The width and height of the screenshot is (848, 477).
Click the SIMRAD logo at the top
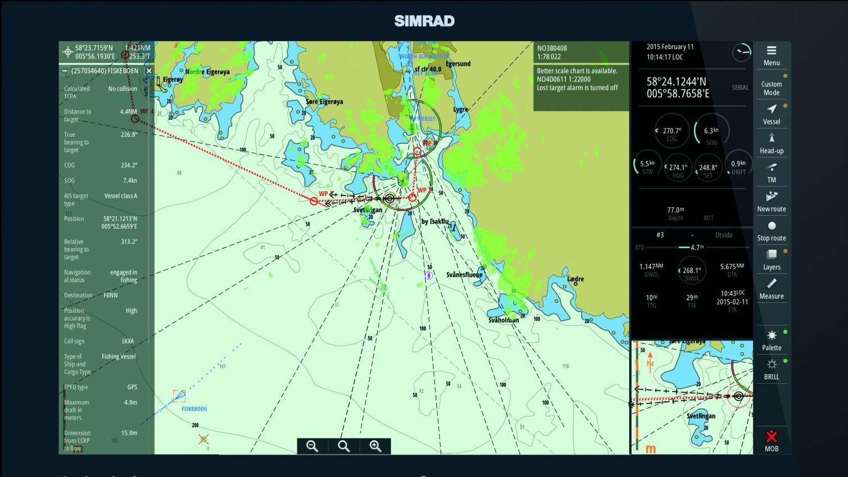pos(424,21)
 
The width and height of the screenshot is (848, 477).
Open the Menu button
pos(771,55)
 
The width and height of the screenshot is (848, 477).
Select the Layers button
pos(771,260)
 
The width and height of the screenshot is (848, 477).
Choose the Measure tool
pos(771,289)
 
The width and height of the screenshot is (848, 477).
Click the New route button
pos(771,201)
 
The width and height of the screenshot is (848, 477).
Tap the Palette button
pos(771,340)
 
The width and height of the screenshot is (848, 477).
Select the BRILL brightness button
pos(771,369)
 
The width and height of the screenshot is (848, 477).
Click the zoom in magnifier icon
pos(375,446)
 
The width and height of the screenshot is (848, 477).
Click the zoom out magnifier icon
pos(312,446)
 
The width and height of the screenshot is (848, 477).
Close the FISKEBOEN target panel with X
pos(149,71)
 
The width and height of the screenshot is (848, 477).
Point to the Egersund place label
pos(458,64)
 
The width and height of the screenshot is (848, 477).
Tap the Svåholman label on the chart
pos(504,320)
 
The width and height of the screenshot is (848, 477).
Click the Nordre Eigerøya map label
pos(207,72)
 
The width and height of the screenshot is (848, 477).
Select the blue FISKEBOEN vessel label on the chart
pos(194,409)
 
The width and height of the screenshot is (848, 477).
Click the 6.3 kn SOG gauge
pos(711,133)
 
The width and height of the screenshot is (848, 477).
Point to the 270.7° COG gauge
pos(672,133)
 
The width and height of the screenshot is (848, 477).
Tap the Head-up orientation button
pos(771,143)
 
